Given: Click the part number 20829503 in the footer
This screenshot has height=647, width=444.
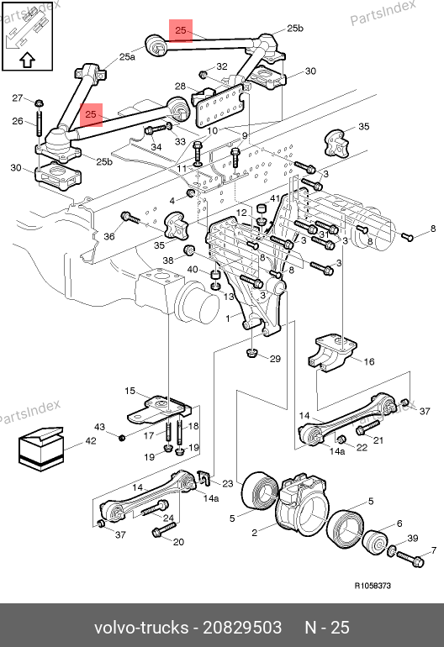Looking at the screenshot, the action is (242, 627).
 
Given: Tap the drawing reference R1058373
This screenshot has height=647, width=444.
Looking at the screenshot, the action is (373, 586).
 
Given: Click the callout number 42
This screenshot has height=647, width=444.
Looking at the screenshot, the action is (91, 440).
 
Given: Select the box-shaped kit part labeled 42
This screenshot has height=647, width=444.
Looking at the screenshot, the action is (41, 449).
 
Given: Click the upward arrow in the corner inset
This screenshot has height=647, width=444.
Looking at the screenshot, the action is (27, 60).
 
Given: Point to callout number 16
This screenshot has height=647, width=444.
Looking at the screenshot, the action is (369, 361).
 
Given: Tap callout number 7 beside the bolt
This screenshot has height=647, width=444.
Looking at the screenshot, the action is (434, 550).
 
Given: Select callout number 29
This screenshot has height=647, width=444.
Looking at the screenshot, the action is (276, 359).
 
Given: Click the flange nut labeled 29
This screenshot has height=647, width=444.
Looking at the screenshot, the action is (251, 353).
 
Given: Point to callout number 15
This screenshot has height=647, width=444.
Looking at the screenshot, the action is (129, 391).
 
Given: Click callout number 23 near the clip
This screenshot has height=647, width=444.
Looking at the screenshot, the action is (228, 483).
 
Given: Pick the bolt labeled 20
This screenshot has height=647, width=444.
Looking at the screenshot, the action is (164, 529).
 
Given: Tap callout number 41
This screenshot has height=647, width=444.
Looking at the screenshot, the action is (275, 198).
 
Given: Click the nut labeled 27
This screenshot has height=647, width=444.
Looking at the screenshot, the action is (38, 103).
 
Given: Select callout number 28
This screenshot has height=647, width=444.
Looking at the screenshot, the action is (180, 86).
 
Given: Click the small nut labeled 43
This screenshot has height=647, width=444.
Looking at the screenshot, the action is (121, 437).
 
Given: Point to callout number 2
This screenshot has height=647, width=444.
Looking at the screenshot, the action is (255, 533).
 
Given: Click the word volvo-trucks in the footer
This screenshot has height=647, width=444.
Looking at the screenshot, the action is (141, 627).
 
